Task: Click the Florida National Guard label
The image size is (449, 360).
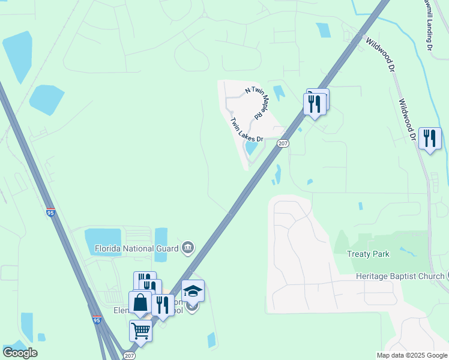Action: click(137, 248)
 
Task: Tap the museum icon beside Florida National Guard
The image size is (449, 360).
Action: click(188, 247)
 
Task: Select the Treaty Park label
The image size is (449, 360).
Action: click(368, 254)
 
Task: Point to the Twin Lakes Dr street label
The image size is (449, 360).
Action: click(247, 128)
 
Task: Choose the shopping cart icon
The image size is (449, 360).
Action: click(140, 330)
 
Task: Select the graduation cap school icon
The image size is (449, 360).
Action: click(193, 291)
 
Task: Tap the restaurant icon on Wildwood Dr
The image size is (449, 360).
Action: click(430, 139)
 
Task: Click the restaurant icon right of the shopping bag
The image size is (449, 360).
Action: click(162, 305)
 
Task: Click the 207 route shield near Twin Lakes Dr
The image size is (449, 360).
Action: click(283, 143)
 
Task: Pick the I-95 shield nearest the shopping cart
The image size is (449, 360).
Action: click(97, 321)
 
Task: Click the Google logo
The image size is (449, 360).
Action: click(20, 353)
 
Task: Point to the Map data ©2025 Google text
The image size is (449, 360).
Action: click(412, 355)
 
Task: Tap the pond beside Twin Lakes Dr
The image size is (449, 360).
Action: click(252, 147)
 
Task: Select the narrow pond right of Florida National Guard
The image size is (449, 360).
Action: click(161, 244)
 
